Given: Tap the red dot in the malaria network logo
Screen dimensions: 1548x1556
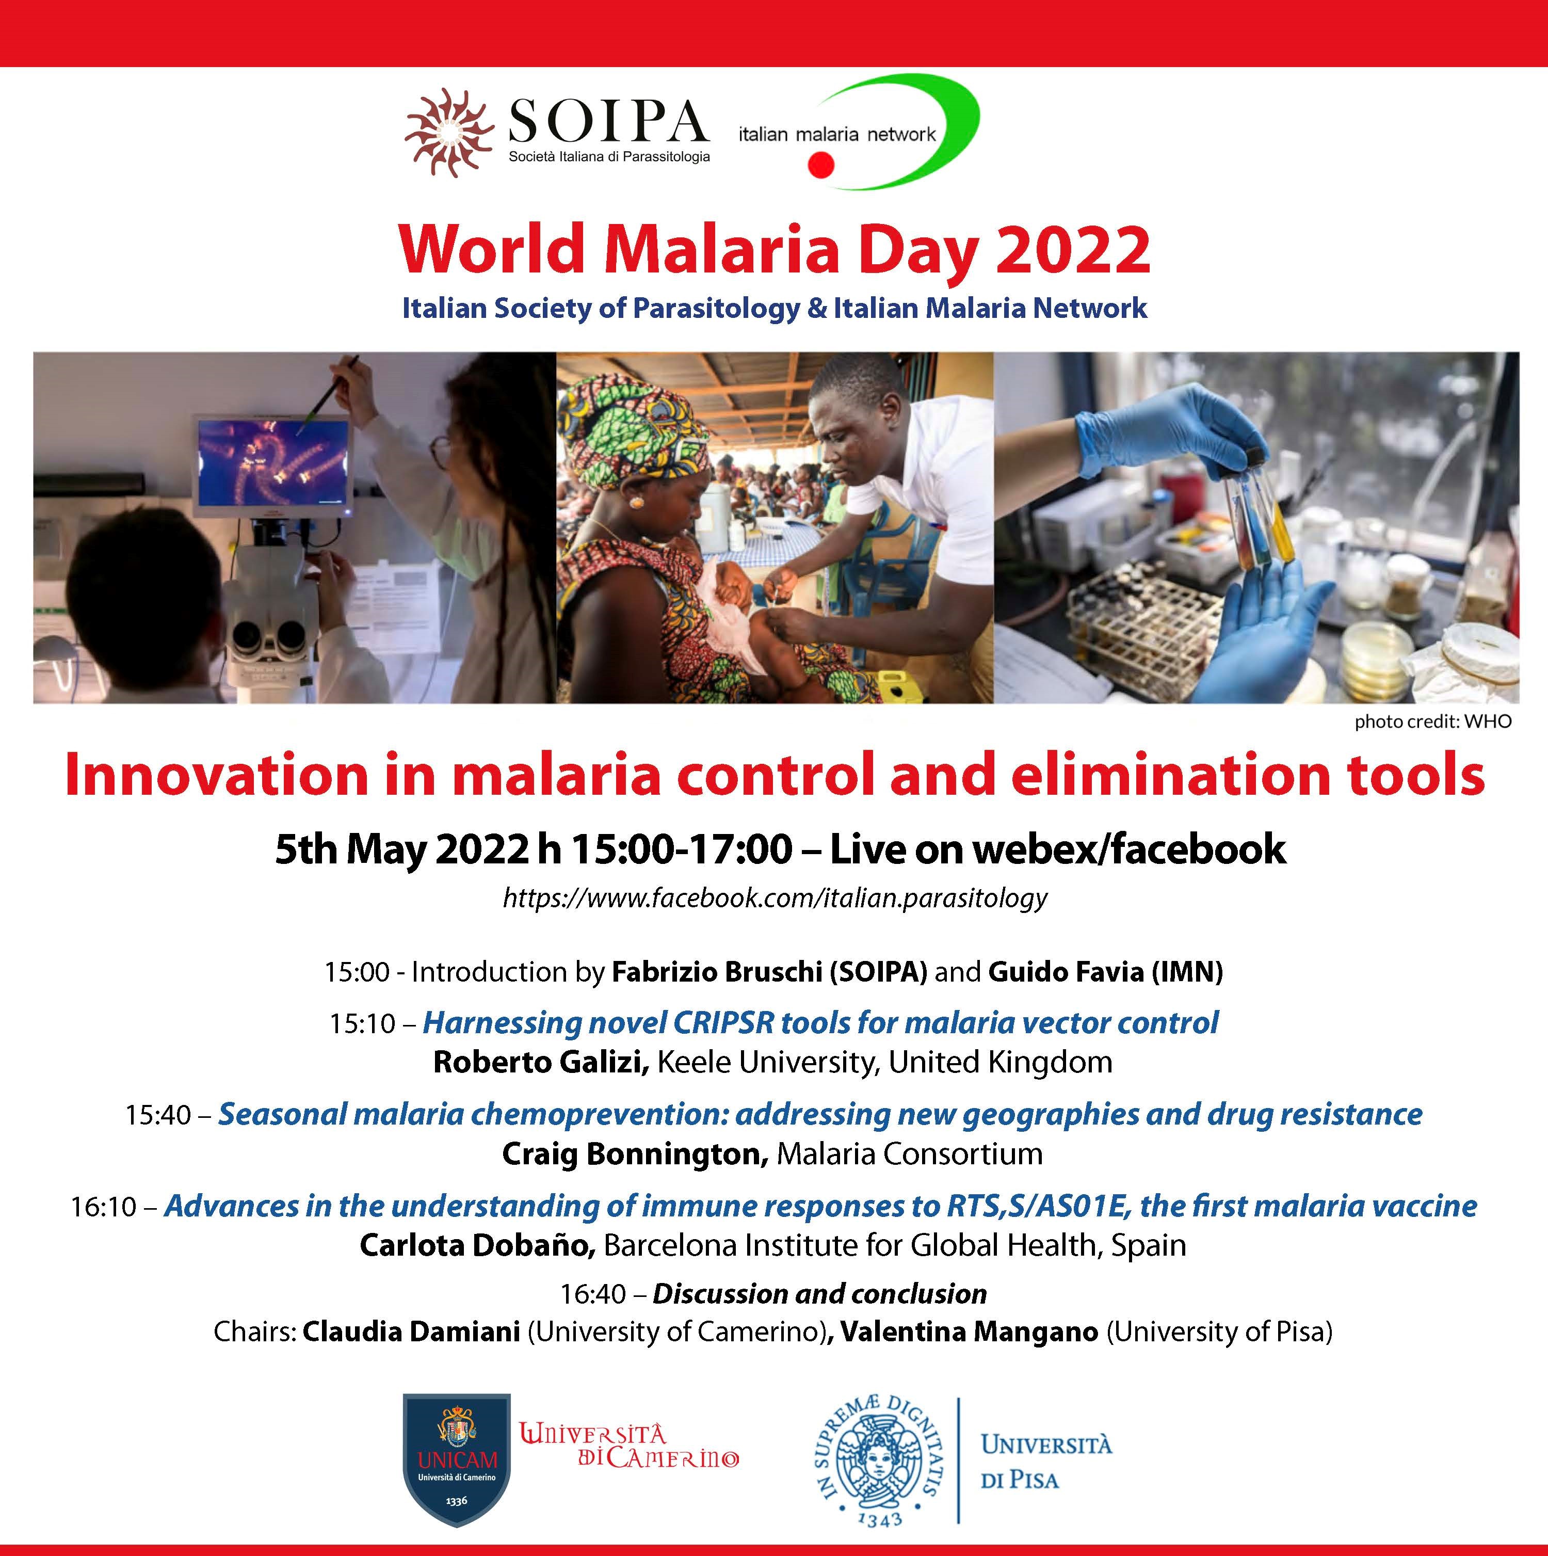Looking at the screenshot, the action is tap(821, 165).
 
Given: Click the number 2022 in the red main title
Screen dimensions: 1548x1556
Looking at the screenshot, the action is tap(1073, 250).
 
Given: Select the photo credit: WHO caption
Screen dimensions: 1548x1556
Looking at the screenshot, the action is tap(1433, 721).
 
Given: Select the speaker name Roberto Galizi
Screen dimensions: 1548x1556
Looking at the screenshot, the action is tap(540, 1062).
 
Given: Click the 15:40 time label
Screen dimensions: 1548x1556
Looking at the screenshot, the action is tap(158, 1115).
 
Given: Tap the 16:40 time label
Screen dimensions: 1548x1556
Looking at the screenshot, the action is tap(593, 1293).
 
